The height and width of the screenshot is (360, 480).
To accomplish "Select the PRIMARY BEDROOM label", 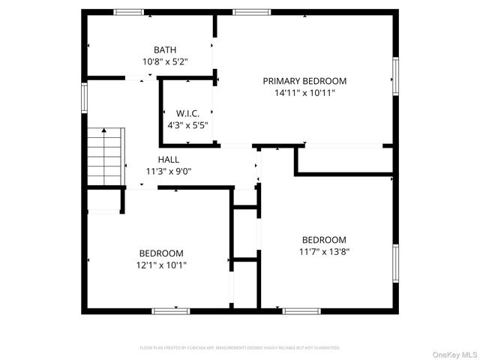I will [x=304, y=80].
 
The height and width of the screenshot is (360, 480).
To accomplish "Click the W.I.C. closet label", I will [x=187, y=113].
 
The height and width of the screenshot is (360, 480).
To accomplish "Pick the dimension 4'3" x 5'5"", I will [x=187, y=125].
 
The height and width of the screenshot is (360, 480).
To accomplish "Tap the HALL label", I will [x=169, y=159].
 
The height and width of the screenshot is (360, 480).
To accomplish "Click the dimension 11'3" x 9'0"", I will [x=169, y=171].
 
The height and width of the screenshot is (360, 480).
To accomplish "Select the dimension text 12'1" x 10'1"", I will [x=161, y=265].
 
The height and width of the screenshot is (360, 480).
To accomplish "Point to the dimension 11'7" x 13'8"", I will [x=324, y=252].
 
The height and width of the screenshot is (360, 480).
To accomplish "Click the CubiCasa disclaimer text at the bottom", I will [x=240, y=348].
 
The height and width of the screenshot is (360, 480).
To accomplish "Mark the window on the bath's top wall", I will [x=128, y=12].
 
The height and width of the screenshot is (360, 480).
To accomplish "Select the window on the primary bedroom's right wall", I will [x=395, y=77].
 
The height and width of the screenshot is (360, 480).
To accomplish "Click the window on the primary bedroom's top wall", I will [x=251, y=12].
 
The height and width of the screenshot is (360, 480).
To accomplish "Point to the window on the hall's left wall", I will [x=85, y=95].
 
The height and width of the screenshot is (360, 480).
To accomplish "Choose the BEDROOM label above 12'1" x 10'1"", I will [x=161, y=253].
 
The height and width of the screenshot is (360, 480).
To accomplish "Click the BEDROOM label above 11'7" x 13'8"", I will [x=324, y=240].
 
